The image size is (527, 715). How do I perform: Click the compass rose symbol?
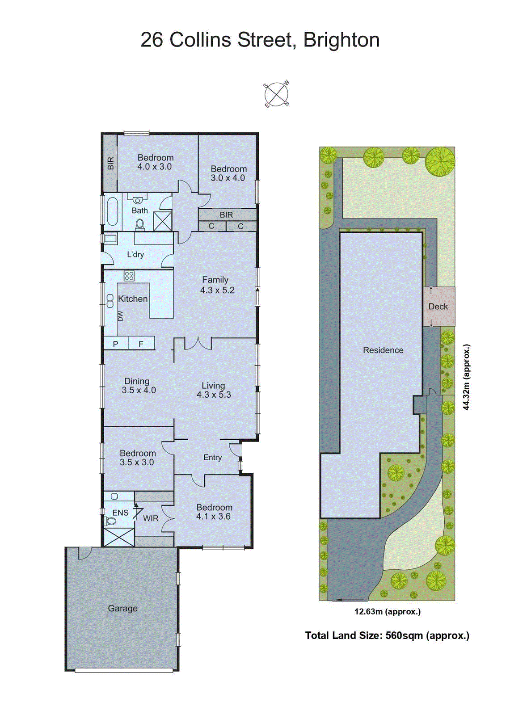[x=276, y=94]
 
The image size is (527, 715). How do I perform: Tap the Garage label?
[x=122, y=608]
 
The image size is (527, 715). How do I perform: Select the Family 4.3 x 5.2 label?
[x=216, y=285]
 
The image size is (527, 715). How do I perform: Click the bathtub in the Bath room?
[x=112, y=211]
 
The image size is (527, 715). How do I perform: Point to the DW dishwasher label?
[x=120, y=316]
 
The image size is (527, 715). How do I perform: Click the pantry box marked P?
[x=116, y=344]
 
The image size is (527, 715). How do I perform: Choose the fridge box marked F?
[x=141, y=344]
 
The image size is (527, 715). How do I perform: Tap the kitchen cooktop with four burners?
[x=129, y=276]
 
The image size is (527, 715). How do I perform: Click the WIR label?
[x=151, y=518]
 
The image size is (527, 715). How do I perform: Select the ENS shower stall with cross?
[x=119, y=537]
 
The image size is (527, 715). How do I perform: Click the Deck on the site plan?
[x=438, y=307]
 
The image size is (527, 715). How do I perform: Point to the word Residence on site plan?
[x=383, y=350]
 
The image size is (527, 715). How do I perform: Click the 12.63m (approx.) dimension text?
[x=387, y=612]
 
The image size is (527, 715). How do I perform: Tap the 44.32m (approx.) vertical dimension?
[x=467, y=377]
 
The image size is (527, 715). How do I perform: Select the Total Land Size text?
[x=387, y=635]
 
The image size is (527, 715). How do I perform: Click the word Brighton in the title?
[x=341, y=40]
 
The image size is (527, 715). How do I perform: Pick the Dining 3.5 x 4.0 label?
[x=138, y=385]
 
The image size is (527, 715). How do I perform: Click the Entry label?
[x=212, y=457]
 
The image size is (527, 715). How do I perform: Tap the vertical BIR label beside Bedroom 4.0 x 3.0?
[x=110, y=164]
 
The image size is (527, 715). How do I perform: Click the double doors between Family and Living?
[x=198, y=344]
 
